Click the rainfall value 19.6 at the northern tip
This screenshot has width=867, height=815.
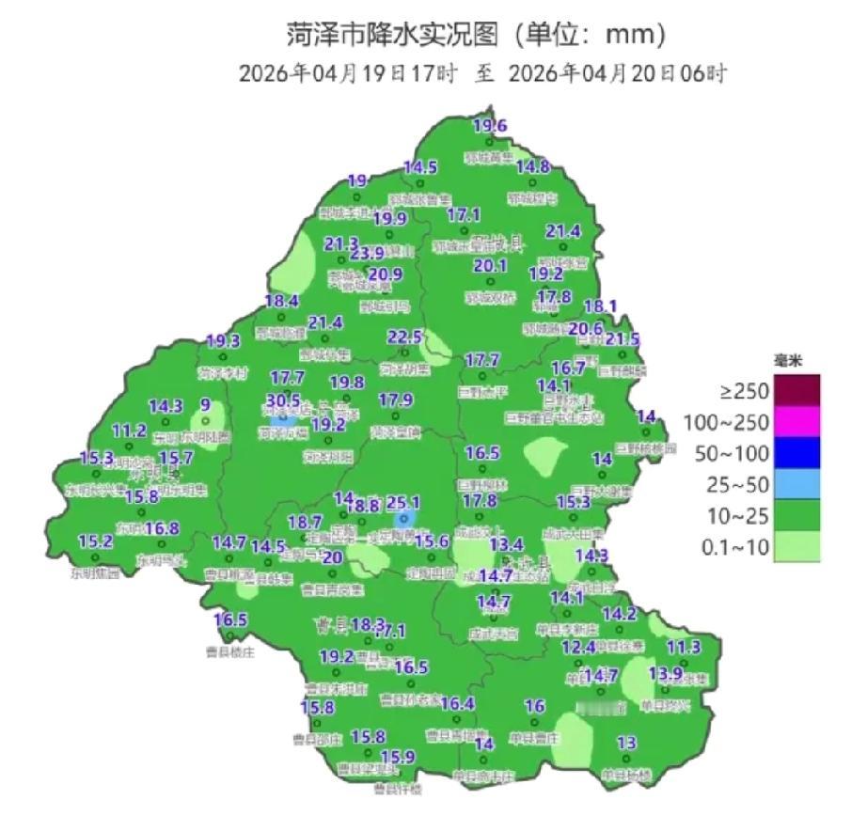[x=489, y=126]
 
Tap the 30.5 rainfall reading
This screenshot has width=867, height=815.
[x=283, y=400]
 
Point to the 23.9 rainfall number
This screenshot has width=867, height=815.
[x=367, y=253]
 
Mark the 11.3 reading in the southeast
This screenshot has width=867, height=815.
[x=684, y=647]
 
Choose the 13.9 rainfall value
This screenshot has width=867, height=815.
[x=665, y=673]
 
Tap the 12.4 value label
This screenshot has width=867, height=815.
[x=578, y=647]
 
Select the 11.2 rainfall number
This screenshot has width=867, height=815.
[x=129, y=431]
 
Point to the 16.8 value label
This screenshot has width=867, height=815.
[x=162, y=528]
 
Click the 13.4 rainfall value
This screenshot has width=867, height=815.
[x=506, y=544]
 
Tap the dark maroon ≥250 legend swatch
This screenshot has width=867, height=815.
[x=796, y=388]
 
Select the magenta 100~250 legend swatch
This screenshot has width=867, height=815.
[x=796, y=421]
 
